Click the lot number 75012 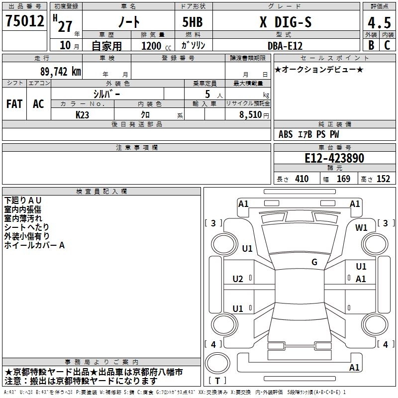tap(24, 21)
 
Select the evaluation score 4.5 tap(378, 23)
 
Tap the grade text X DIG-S tap(284, 22)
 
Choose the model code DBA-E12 tap(284, 45)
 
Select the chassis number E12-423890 tap(334, 159)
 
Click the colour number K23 tap(83, 114)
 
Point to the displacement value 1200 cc tap(154, 45)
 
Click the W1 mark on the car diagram tap(361, 228)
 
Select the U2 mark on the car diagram tap(238, 279)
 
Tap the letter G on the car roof tap(314, 262)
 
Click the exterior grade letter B tap(371, 45)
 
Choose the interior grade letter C tap(387, 45)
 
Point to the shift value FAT tap(14, 103)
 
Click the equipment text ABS tap(286, 134)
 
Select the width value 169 tap(343, 179)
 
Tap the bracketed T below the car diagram tap(217, 381)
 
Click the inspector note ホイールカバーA tap(35, 245)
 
